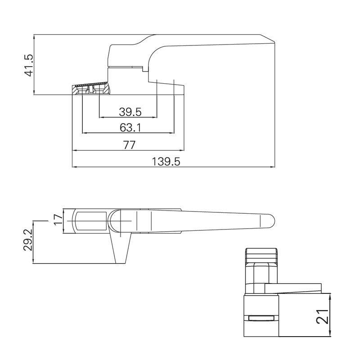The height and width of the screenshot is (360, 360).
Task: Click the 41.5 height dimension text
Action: point(29,65)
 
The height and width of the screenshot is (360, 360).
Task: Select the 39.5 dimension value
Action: point(130,112)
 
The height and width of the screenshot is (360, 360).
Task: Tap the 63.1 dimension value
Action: point(130,128)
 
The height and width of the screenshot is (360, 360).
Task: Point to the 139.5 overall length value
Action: point(166,162)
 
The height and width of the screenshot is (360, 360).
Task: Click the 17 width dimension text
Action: point(58,220)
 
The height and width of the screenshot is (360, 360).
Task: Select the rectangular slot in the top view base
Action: point(90,221)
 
